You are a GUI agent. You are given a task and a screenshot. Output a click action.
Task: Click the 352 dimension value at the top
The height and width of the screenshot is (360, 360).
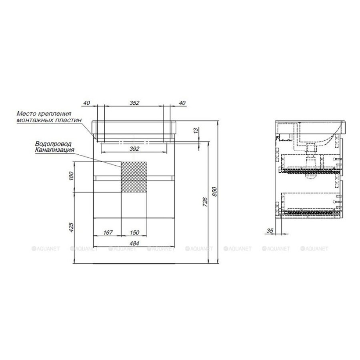(x=134, y=103)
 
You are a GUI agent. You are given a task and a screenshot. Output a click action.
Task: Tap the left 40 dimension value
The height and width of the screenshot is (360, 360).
(x=86, y=103)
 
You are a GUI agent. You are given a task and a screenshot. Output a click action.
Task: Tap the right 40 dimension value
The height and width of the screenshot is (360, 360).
(x=182, y=103)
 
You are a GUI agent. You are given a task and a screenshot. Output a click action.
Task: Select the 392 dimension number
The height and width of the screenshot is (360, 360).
(x=134, y=149)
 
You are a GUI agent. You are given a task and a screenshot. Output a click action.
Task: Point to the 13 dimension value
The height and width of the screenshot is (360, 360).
(x=196, y=131)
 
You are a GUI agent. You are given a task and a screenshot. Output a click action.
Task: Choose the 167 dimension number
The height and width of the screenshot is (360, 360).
(x=108, y=232)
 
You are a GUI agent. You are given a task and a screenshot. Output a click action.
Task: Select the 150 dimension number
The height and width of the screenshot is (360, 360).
(x=134, y=232)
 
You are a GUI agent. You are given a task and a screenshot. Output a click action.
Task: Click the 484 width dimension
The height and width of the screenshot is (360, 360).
(x=134, y=243)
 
